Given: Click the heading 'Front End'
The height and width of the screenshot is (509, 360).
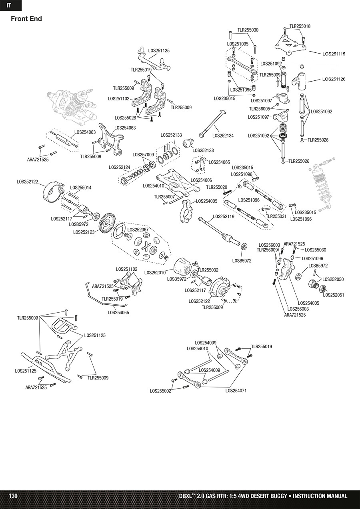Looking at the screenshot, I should click(x=26, y=19).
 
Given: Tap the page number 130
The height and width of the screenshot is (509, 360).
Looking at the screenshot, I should click(x=13, y=496).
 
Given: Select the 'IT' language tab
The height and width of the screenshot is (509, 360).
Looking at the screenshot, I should click(x=9, y=5).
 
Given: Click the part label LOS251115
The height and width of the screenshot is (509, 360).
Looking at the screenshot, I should click(x=334, y=54).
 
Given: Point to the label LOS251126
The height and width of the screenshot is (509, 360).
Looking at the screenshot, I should click(x=334, y=80).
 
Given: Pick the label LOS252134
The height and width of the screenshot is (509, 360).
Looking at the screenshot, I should click(x=223, y=136).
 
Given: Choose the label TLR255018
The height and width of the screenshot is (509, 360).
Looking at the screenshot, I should click(x=299, y=26).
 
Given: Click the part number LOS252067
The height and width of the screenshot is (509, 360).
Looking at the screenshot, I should click(x=138, y=230).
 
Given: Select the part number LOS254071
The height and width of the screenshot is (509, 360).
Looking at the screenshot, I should click(x=236, y=391).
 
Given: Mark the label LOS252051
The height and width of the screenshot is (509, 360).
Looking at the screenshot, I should click(x=334, y=295).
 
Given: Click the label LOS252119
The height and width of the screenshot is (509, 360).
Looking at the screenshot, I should click(x=224, y=216).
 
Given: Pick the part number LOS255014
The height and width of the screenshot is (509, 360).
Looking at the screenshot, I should click(x=81, y=188).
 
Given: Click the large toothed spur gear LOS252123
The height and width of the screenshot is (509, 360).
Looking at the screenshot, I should click(x=106, y=222).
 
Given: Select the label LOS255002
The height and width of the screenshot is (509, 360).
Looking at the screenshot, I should click(x=160, y=391).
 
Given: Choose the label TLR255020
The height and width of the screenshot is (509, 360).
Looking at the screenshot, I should click(x=216, y=187).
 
